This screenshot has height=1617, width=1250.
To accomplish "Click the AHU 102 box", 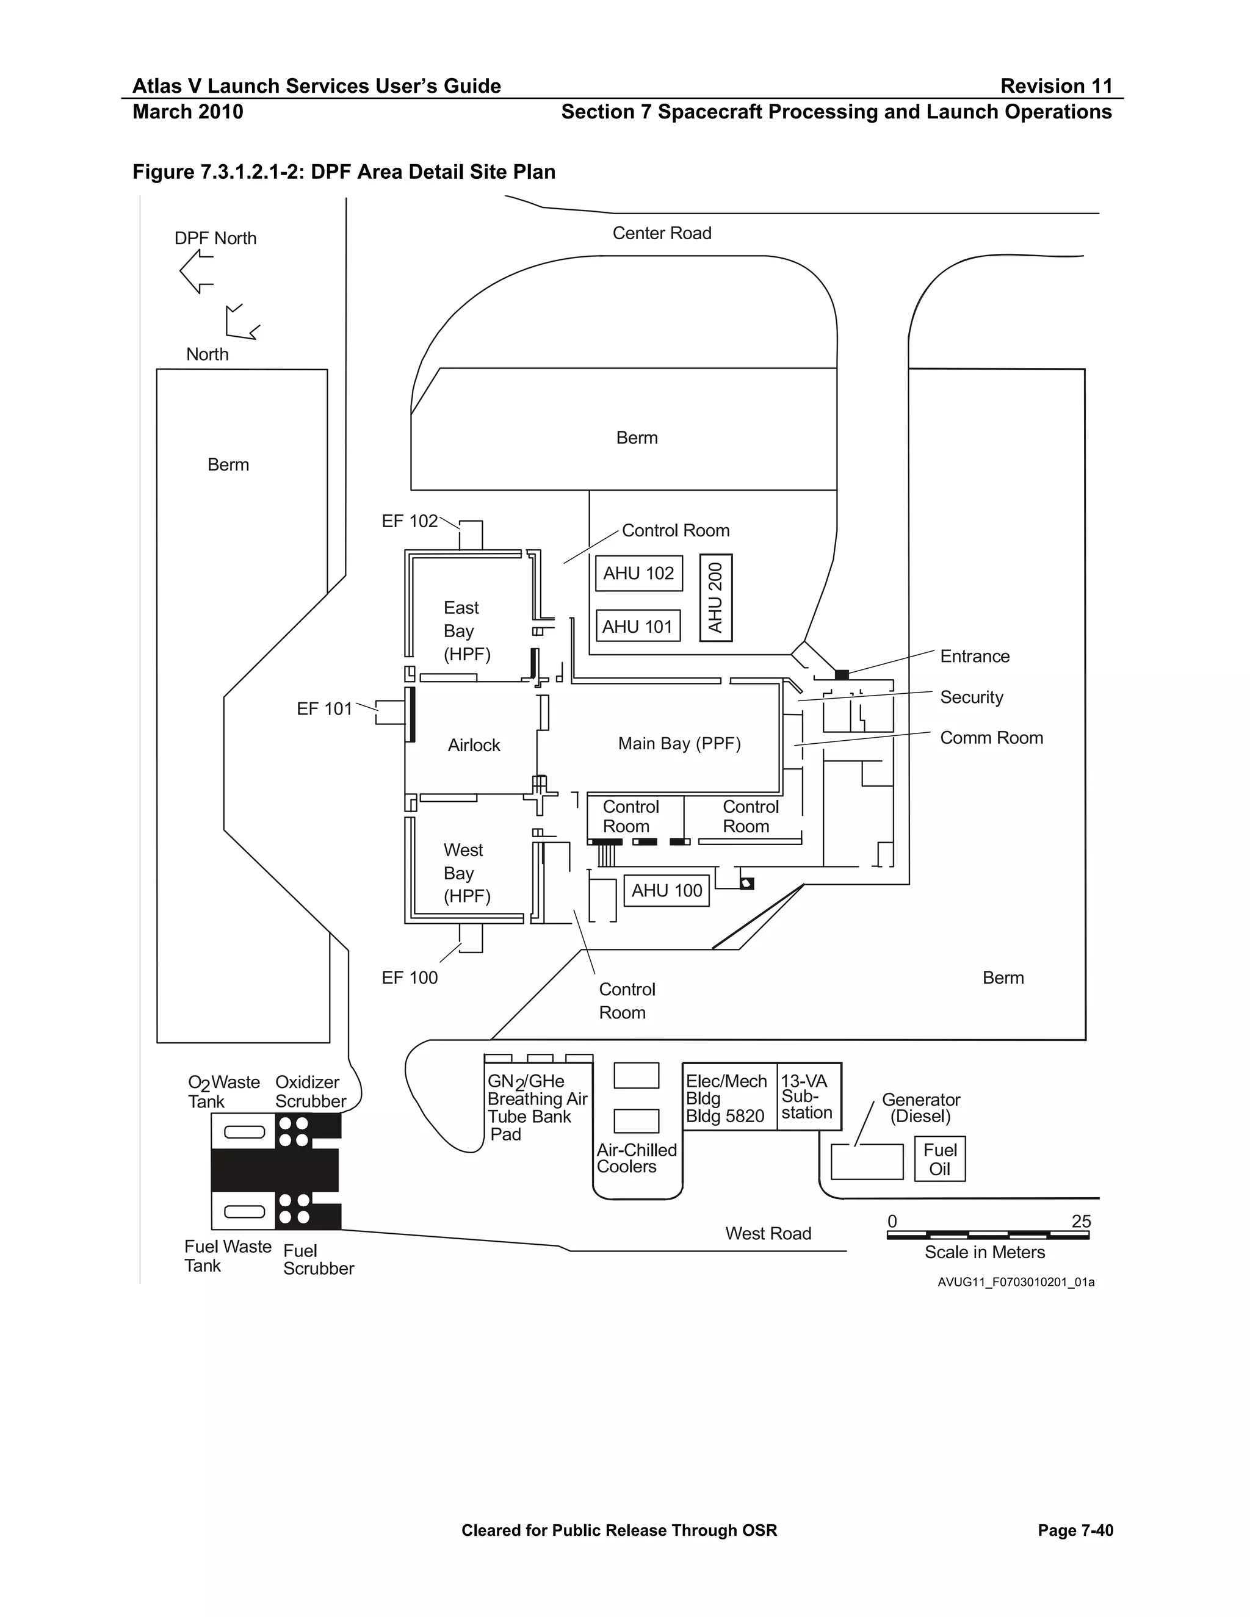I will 638,573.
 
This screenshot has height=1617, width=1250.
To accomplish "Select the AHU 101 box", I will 638,627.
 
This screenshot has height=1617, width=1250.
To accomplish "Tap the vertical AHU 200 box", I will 716,597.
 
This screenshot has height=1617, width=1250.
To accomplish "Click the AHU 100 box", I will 667,891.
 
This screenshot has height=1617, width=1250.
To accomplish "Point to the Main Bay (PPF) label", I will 679,743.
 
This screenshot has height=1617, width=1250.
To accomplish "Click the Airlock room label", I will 474,745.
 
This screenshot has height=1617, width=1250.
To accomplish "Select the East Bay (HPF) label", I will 466,631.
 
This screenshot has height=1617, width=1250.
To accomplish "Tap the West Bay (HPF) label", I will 466,873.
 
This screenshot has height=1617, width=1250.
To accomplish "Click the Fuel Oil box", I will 940,1159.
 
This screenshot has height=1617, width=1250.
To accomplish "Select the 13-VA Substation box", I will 808,1097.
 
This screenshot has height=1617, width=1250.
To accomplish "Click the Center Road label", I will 661,233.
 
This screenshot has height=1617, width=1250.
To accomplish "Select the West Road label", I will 768,1233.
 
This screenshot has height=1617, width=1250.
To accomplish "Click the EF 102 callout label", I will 410,521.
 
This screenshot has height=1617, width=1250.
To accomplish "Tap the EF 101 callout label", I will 324,708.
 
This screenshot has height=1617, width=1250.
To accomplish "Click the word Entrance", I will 975,656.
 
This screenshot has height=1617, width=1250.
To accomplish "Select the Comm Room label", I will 991,738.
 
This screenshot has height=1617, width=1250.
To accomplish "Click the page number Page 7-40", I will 1075,1530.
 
